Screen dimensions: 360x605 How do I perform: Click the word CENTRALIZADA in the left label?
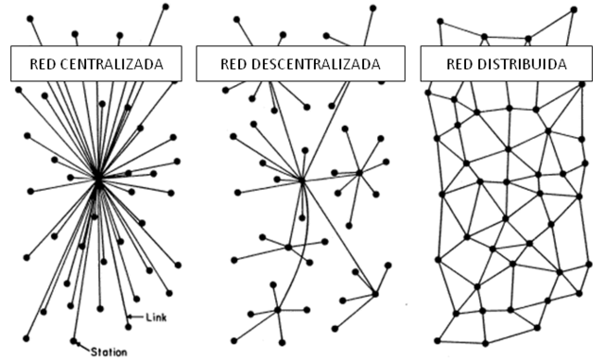tap(109, 65)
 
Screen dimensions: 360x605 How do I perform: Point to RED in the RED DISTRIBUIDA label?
tap(464, 65)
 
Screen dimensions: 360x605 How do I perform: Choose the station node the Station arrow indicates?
tap(74, 340)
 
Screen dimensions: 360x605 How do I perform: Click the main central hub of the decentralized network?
tap(302, 180)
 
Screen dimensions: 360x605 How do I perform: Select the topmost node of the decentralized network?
tap(373, 8)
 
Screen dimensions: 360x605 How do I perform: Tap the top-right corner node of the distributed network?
tap(574, 10)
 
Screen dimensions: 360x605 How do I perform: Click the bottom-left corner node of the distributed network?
tap(437, 340)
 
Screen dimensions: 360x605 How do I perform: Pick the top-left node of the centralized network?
tap(30, 17)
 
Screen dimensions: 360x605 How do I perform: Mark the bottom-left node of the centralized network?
tap(26, 338)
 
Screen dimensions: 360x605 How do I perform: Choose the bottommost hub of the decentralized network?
tap(278, 309)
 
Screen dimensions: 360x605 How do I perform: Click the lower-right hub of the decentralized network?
tap(375, 294)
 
